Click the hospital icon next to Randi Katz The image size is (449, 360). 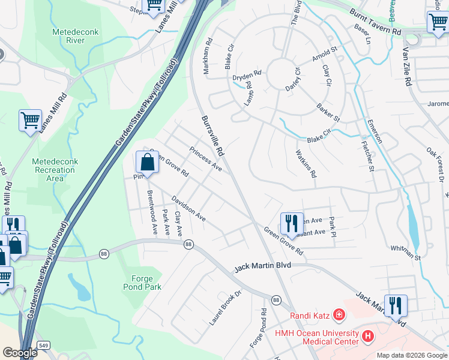(x=339, y=314)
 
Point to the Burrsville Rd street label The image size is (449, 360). (x=212, y=136)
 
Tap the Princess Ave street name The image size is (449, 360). (x=206, y=159)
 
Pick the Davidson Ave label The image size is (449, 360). (x=188, y=208)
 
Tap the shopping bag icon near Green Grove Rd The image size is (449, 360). (x=147, y=162)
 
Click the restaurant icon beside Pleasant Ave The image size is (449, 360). (x=291, y=224)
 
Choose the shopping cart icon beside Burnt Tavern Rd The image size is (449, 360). (x=437, y=22)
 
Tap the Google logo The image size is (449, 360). (x=19, y=353)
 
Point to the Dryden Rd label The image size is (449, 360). (x=248, y=77)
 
